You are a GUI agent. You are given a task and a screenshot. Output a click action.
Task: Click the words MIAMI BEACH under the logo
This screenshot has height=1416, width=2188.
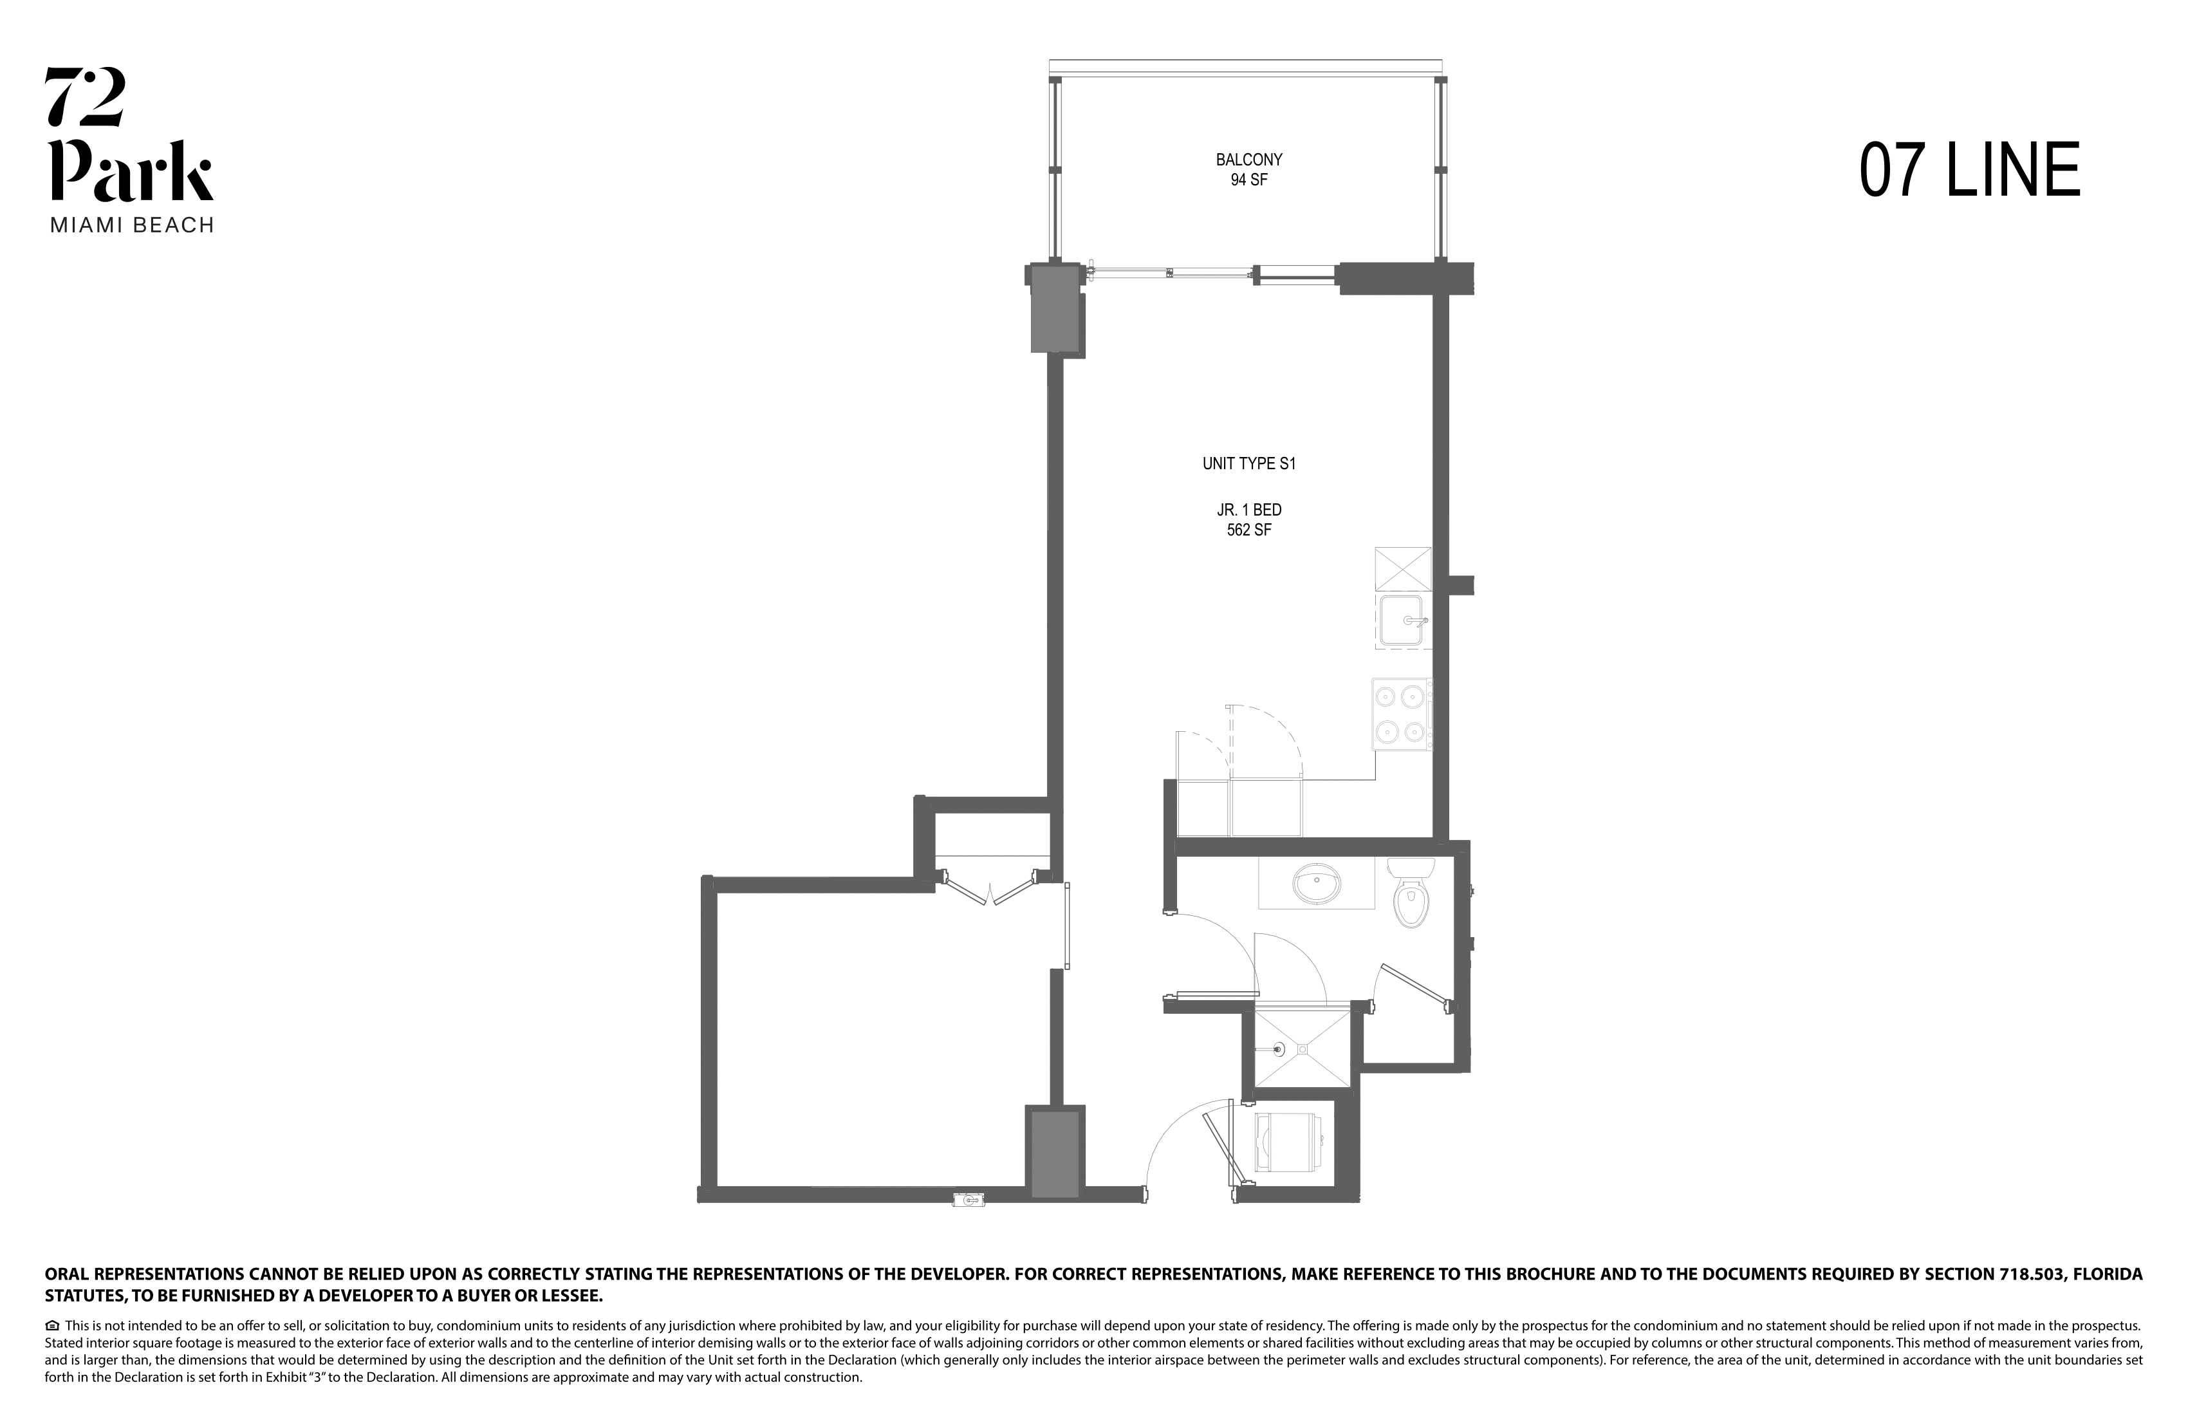[x=131, y=225]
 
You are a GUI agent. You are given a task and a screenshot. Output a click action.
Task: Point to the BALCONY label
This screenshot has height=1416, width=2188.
[x=1248, y=160]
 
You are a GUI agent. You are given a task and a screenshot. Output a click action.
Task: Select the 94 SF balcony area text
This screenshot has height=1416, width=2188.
[x=1248, y=180]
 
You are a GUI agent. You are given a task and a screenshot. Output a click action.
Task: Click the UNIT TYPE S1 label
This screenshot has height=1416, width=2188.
[x=1248, y=463]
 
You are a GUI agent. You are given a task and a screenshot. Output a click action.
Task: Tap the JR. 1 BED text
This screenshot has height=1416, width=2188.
[x=1248, y=509]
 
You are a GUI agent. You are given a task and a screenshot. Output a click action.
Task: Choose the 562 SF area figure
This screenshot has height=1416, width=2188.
[x=1248, y=530]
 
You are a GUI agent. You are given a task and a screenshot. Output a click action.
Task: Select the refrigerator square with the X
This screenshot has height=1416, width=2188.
[x=1403, y=568]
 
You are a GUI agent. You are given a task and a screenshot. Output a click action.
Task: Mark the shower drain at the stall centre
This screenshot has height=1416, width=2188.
[x=1303, y=1048]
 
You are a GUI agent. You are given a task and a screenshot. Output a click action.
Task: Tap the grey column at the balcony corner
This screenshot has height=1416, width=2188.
[x=1055, y=308]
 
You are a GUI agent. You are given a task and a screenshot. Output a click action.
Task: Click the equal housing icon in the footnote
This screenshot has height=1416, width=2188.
[x=52, y=1326]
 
